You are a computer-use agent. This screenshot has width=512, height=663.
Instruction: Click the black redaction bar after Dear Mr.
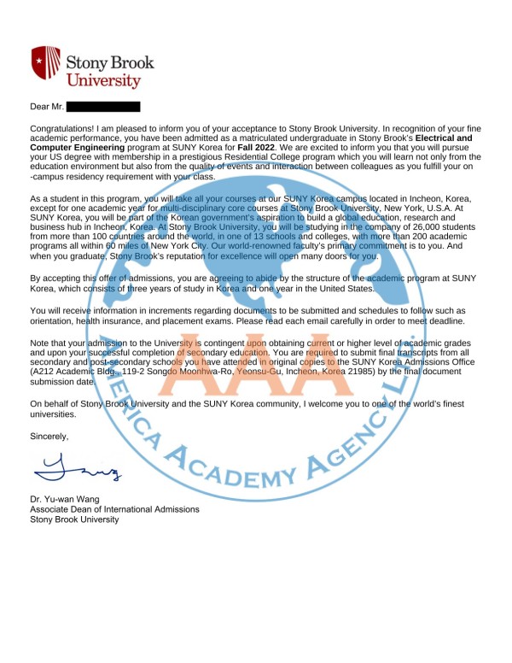tap(102, 108)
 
